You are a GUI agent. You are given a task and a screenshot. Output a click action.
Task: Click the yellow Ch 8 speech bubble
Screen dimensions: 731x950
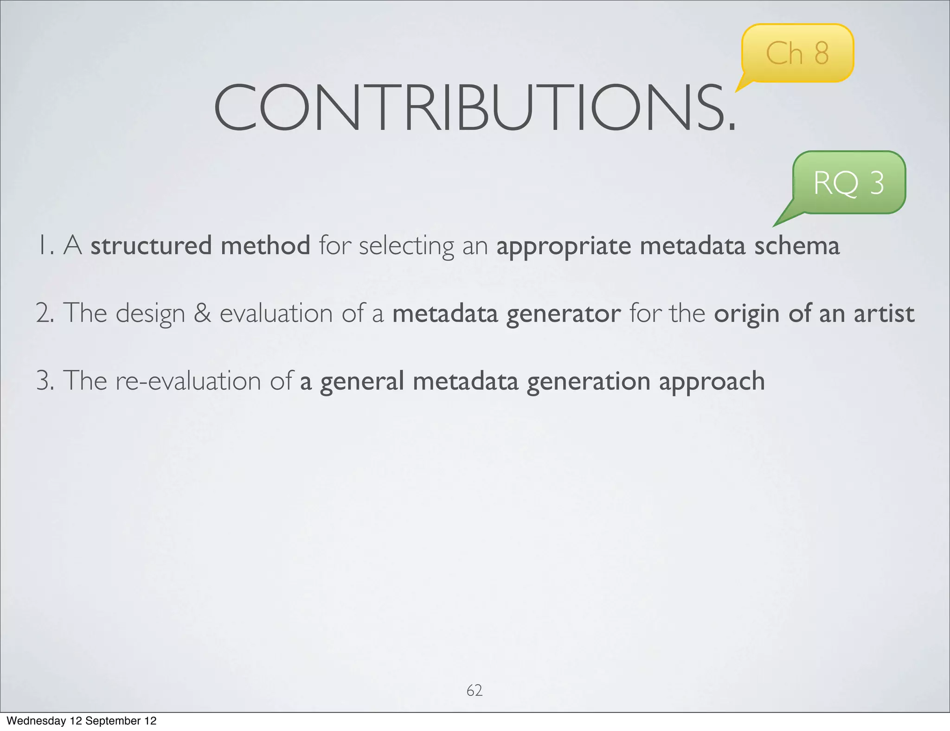(x=797, y=53)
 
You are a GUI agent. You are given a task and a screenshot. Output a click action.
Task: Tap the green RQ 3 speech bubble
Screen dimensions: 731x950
(x=849, y=182)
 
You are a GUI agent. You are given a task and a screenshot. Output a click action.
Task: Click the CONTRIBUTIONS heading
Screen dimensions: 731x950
(x=475, y=108)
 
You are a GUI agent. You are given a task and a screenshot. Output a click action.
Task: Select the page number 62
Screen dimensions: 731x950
(x=474, y=690)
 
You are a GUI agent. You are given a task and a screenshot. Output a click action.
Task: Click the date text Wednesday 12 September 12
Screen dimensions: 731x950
(x=82, y=721)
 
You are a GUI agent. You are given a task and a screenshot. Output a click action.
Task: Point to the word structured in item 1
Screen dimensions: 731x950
(x=151, y=246)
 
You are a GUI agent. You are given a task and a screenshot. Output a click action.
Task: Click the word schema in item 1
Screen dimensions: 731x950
(x=796, y=246)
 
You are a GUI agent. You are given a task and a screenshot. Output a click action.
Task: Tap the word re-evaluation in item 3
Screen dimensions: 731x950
(x=188, y=381)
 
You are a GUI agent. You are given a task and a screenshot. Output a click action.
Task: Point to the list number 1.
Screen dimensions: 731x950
(x=45, y=246)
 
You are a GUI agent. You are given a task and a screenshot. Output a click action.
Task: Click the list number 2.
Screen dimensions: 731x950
(x=45, y=313)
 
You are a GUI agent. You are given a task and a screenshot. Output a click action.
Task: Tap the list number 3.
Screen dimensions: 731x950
(x=45, y=381)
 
